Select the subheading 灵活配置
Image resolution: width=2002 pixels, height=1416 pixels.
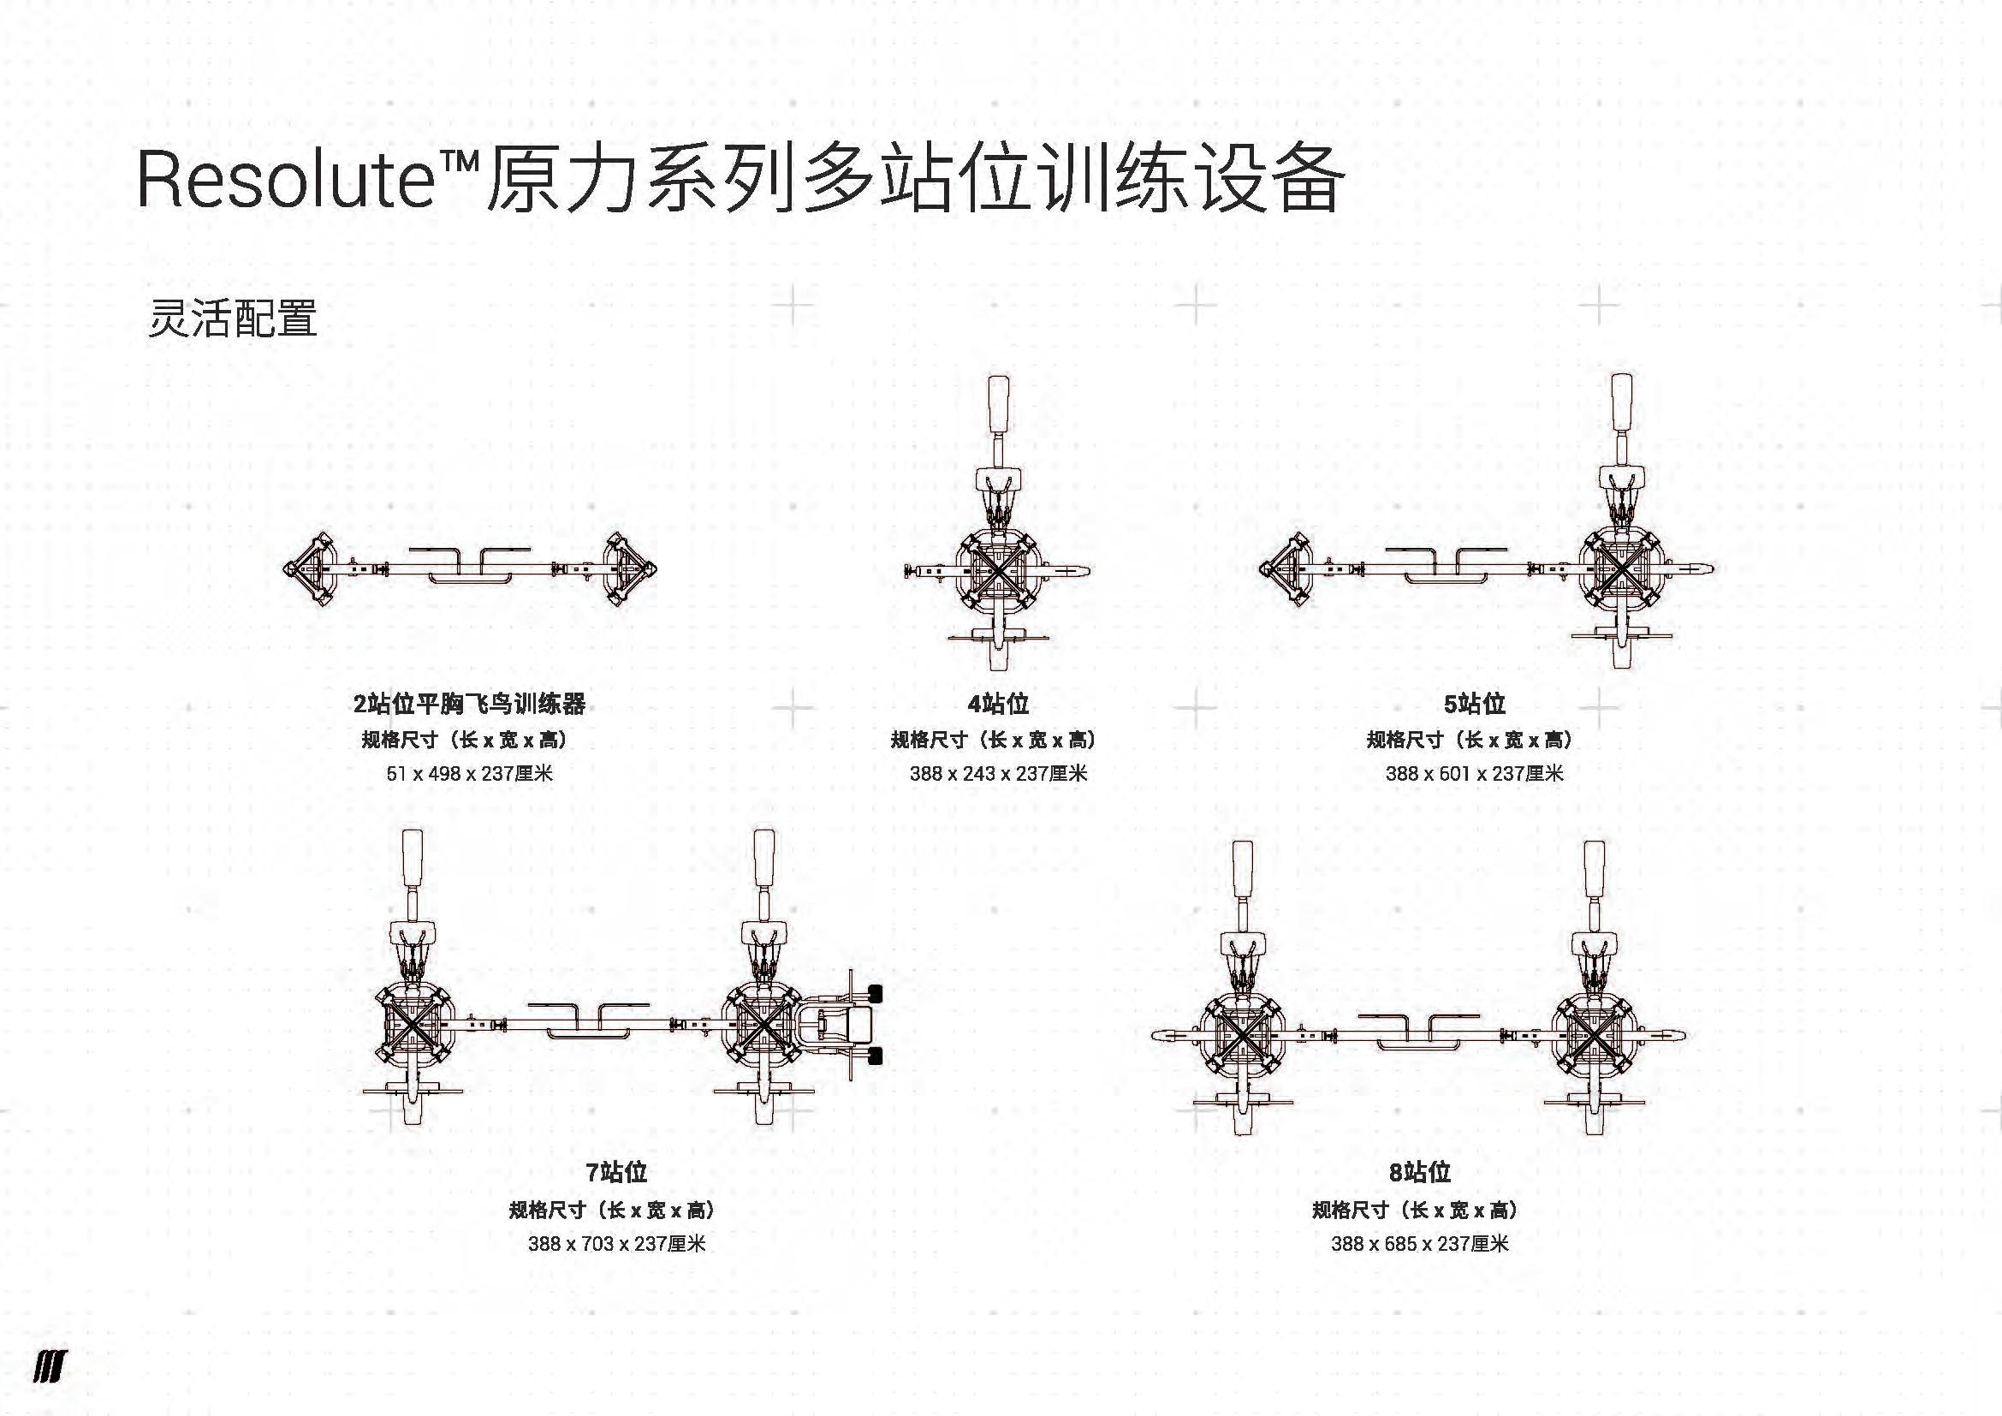(232, 319)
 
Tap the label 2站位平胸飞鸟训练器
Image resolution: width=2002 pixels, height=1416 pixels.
(469, 704)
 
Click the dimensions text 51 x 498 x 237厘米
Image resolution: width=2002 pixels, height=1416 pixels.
(469, 773)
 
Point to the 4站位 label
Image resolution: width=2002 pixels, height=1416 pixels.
(998, 704)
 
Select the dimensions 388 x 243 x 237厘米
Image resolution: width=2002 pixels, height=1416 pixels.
(998, 773)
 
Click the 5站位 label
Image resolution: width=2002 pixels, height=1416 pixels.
(1475, 704)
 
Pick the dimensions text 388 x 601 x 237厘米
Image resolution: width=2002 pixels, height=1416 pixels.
(1475, 773)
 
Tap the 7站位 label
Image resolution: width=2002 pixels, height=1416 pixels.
(616, 1172)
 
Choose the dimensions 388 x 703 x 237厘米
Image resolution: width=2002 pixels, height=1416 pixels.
(616, 1243)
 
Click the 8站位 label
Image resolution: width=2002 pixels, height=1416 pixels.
(1419, 1172)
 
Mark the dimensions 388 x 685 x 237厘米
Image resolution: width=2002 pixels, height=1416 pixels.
(1419, 1243)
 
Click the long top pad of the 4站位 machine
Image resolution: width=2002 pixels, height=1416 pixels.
(998, 406)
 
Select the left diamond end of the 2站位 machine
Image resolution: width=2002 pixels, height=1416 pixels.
(312, 569)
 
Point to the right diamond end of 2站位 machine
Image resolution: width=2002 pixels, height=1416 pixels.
(627, 569)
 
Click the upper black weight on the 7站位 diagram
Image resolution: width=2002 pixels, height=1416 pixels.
(874, 994)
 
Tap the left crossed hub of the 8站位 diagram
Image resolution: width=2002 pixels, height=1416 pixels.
(1242, 1035)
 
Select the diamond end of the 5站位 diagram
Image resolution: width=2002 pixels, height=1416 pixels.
(1289, 569)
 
